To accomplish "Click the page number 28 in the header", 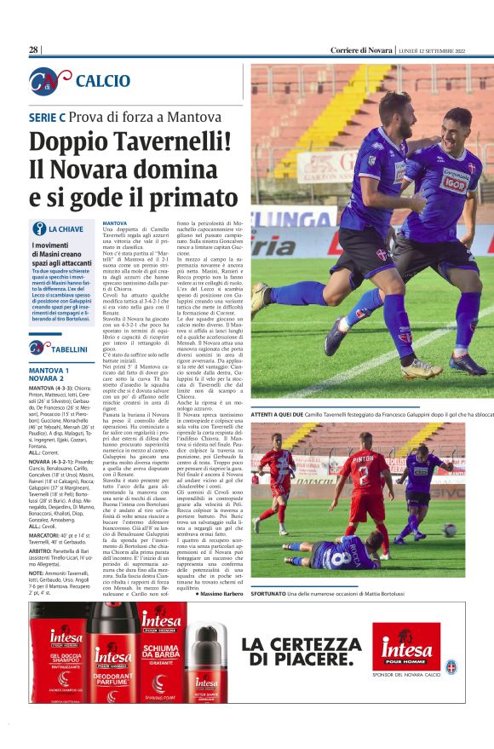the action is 34,50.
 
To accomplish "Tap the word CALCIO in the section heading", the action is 102,81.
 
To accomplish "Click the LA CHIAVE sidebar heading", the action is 66,229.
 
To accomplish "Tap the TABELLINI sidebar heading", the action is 69,348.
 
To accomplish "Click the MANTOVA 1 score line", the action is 49,371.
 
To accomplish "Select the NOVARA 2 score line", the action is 47,379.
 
